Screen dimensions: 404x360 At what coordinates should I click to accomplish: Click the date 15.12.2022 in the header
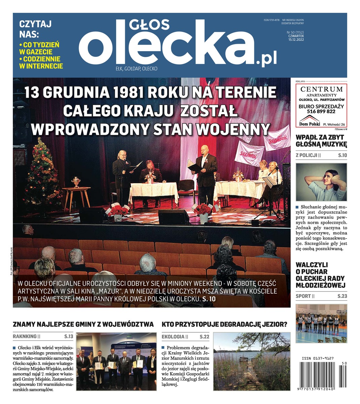click(x=296, y=39)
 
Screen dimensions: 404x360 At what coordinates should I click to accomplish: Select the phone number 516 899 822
click(x=321, y=111)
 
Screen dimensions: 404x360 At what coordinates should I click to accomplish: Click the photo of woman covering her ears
click(x=321, y=182)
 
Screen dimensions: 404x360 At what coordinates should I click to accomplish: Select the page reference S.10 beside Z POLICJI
click(x=342, y=155)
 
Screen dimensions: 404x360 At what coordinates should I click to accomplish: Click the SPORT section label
click(x=303, y=296)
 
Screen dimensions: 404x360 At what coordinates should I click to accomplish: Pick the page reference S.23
click(x=342, y=296)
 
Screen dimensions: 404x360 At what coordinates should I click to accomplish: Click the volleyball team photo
click(x=321, y=323)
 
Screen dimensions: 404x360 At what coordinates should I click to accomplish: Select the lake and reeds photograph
click(x=252, y=361)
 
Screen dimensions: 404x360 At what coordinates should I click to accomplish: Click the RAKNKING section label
click(x=25, y=336)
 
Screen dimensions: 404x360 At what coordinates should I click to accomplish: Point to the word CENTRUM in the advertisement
click(x=321, y=89)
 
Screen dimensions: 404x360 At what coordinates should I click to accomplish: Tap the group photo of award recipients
click(x=116, y=361)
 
